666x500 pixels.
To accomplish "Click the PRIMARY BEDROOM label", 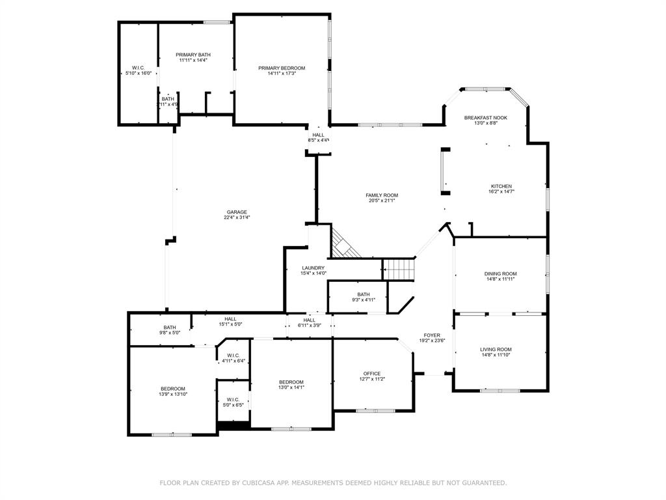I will click(x=282, y=68).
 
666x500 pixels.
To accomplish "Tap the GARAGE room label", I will click(x=237, y=212).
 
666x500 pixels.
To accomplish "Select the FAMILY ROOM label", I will click(x=382, y=195).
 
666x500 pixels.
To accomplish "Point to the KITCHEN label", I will click(x=501, y=186).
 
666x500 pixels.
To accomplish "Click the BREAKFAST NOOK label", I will click(x=485, y=118).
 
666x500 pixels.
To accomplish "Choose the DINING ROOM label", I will click(x=500, y=273).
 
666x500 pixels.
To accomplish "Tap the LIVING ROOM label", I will click(x=496, y=350).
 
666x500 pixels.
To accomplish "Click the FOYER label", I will click(x=432, y=335).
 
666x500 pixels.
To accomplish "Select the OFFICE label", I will click(x=372, y=374).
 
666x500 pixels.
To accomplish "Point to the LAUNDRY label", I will click(x=313, y=268).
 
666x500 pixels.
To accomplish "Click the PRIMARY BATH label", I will click(x=193, y=55).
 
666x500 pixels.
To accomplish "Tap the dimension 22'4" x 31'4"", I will click(x=237, y=217).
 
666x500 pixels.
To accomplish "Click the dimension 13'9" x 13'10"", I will click(x=173, y=394).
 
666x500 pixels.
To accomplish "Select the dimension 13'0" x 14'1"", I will click(x=291, y=387).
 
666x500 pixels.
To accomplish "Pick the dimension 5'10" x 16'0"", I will click(x=139, y=73).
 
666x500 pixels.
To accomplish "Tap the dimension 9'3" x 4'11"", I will click(x=364, y=299).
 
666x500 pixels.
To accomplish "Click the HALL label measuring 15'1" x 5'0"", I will click(x=231, y=319).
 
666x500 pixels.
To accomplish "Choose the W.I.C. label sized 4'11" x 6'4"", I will click(x=233, y=355).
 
